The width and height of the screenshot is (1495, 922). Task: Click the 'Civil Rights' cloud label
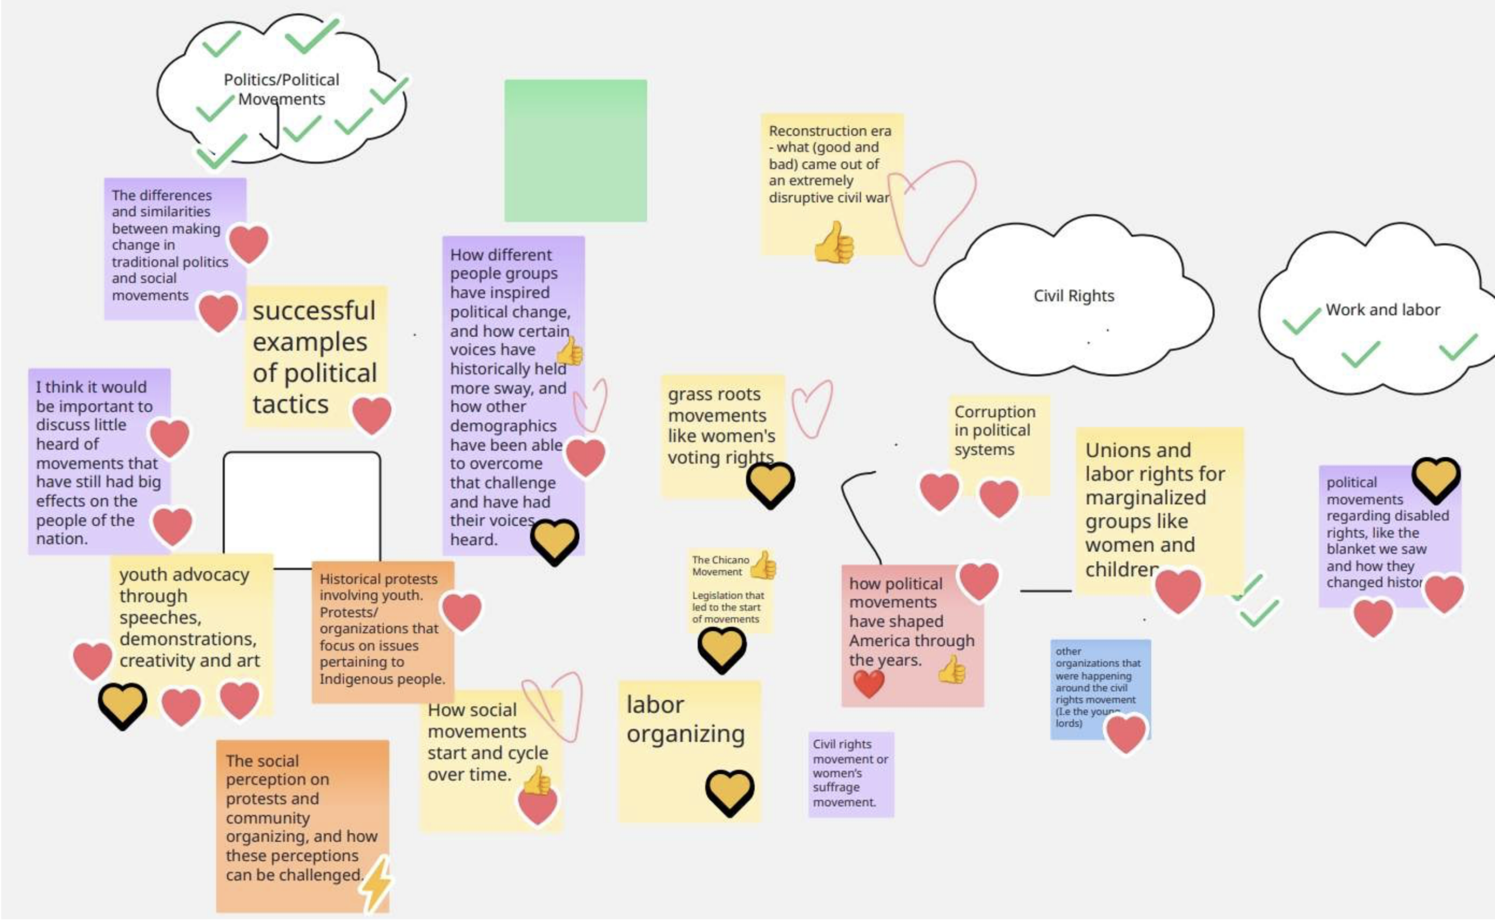(1073, 295)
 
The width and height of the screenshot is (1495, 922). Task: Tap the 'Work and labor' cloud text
(1382, 310)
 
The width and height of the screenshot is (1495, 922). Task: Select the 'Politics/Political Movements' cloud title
(281, 89)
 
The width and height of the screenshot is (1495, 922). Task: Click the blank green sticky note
(575, 150)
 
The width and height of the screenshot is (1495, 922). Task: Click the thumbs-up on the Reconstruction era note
(834, 243)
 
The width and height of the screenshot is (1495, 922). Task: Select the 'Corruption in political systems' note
(995, 431)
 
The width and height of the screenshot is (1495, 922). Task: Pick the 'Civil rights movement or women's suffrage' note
(850, 773)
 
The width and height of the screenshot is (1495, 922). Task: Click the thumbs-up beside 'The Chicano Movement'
(763, 565)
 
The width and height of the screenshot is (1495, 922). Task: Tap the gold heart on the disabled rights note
(1436, 479)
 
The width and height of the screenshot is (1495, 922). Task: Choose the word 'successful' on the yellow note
(314, 311)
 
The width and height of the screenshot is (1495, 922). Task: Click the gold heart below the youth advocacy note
(123, 705)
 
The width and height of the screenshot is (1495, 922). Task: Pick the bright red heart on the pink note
(868, 683)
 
